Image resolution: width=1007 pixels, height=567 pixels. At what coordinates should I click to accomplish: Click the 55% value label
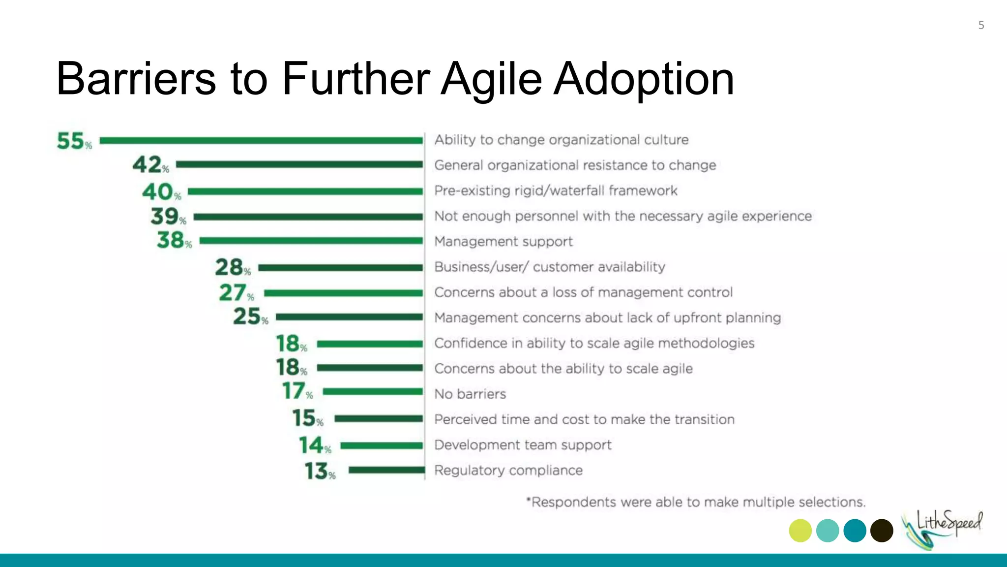coord(74,141)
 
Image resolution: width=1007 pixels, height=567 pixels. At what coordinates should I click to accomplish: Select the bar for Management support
coord(311,241)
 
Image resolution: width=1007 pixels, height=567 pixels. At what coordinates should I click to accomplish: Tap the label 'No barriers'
coord(470,394)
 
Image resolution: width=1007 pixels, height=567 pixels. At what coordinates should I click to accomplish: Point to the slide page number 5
coord(981,25)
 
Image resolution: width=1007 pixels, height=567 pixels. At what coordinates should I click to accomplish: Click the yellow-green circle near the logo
coord(800,531)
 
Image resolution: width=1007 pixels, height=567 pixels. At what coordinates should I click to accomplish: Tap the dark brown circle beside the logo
coord(882,531)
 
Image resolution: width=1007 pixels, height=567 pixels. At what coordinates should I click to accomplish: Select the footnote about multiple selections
coord(695,502)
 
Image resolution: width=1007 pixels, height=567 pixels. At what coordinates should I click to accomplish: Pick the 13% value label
coord(320,471)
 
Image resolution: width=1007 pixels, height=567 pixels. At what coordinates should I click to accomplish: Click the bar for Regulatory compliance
coord(386,470)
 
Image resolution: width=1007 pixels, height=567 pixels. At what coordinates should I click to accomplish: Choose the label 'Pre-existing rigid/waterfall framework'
coord(556,191)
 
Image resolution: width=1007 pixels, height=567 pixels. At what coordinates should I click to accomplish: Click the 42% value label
coord(150,164)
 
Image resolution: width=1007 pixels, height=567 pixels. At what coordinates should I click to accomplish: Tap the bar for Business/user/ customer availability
coord(340,268)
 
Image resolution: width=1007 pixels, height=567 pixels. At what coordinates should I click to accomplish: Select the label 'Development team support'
coord(523,445)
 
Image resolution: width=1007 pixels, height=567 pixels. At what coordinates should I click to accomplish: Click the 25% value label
coord(250,316)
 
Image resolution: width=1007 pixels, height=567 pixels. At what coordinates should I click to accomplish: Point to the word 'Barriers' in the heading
coord(136,79)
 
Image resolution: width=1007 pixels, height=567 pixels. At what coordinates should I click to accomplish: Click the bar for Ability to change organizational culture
coord(261,141)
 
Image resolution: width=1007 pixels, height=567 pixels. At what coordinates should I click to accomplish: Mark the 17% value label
coord(297,391)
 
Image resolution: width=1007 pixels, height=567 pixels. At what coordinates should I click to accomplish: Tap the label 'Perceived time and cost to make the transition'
coord(584,420)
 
